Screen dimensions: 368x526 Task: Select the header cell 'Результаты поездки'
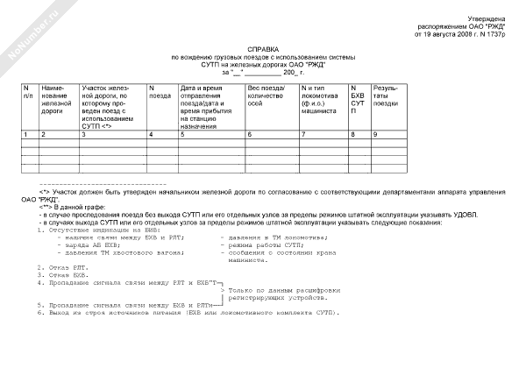387,96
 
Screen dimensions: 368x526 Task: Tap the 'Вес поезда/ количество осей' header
269,96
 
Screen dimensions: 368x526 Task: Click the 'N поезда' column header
161,92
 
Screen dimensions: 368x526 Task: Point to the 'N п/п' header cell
29,92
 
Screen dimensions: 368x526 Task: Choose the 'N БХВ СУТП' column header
357,101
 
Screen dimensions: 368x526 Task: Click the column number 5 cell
182,134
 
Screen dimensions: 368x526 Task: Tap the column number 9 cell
376,134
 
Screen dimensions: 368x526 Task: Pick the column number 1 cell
25,134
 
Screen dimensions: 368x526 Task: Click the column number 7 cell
303,134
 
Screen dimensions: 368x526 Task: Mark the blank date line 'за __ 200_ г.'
262,72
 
